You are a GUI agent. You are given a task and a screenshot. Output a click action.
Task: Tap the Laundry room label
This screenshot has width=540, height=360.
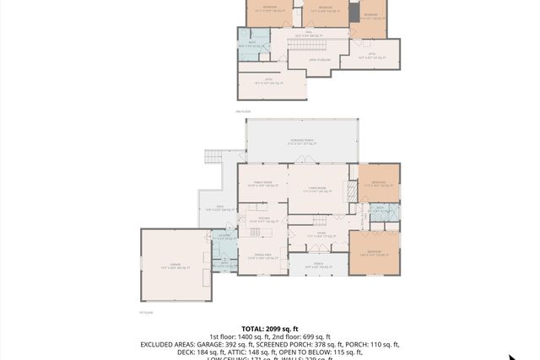224,237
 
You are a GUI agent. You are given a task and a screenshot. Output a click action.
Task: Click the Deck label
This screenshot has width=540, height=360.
219,208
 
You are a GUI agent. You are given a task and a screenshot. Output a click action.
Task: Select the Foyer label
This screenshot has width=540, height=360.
321,235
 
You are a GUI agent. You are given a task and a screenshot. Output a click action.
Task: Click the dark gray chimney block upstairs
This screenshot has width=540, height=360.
354,15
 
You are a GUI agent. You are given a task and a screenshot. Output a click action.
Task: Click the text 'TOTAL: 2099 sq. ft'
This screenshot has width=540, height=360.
269,329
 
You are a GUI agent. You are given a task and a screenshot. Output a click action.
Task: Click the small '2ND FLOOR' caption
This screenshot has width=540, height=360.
243,111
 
